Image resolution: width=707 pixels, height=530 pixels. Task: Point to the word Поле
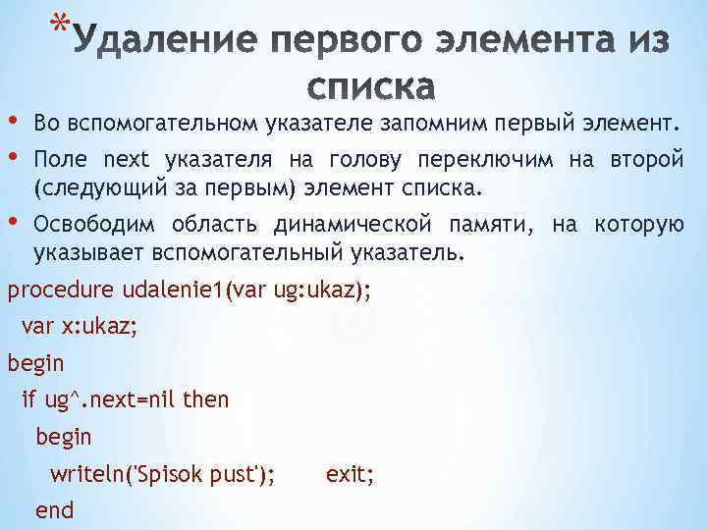coord(61,159)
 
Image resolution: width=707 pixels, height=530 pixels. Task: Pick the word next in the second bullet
coord(126,159)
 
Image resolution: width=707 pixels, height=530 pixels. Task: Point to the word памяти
coord(486,225)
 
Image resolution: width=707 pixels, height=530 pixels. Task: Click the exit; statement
coord(350,475)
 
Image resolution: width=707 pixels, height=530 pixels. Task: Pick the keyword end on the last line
coord(54,511)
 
